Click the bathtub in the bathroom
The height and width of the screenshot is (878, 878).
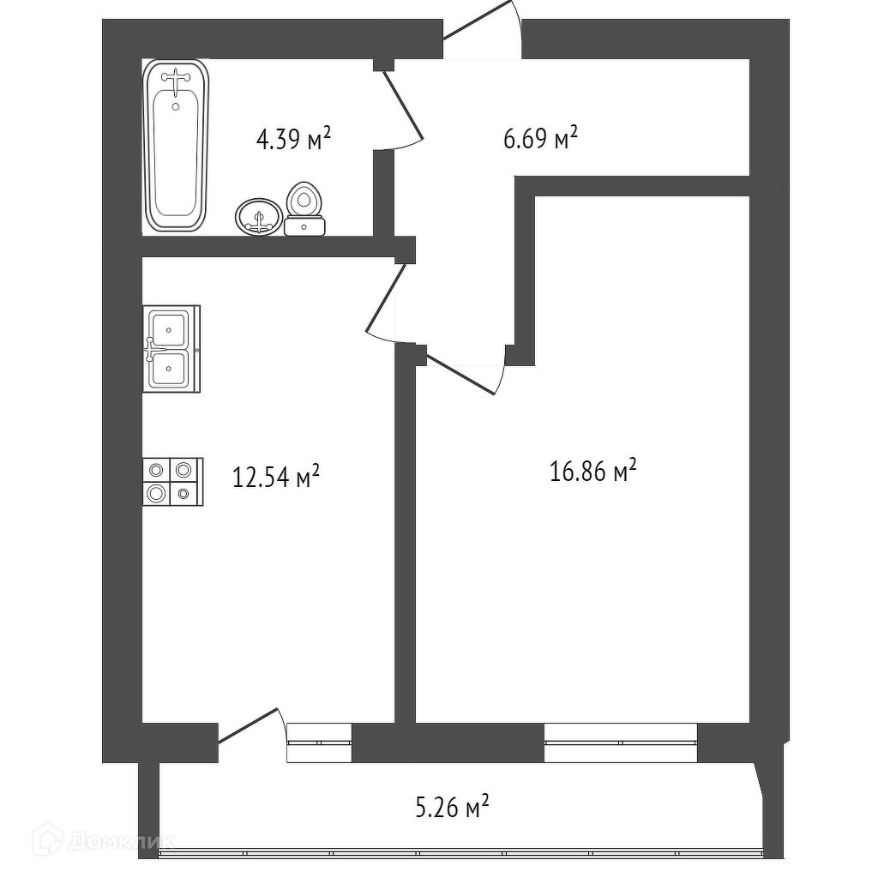point(176,146)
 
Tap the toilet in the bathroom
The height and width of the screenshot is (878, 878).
point(304,209)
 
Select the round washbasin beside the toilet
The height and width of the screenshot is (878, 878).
point(258,217)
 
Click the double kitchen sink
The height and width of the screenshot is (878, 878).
point(171,349)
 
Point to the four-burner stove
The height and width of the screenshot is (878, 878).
point(172,482)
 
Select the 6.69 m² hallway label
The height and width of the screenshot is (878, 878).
point(540,138)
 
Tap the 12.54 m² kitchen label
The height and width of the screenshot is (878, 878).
point(276,478)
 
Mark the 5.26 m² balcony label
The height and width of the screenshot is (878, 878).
point(453,808)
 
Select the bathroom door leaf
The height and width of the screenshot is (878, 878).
point(403,106)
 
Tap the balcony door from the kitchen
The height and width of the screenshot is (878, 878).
point(248,726)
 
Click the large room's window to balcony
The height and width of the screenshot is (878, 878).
point(621,743)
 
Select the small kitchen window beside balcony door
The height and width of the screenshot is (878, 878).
point(319,743)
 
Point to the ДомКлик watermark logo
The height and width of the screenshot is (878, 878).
point(105,840)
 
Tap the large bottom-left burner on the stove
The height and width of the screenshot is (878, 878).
point(157,494)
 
